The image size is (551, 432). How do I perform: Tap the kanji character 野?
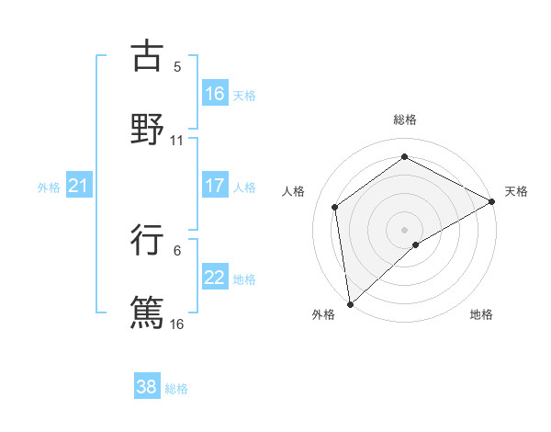coord(147,128)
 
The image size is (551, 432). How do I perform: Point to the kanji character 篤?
coord(147,311)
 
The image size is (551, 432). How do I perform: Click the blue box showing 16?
coord(215,93)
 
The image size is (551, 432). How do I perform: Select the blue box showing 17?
coord(215,186)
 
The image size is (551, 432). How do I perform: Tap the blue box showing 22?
coord(215,278)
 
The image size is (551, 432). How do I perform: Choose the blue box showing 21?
coord(78,186)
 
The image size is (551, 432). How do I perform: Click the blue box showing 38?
coord(147,387)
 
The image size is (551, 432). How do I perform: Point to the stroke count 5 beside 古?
coord(177,67)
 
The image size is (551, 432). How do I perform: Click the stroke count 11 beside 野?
coord(177,141)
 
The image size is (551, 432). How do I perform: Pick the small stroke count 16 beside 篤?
coord(177,324)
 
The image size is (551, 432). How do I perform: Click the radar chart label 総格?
coord(405,119)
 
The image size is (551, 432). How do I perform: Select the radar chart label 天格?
coord(516,191)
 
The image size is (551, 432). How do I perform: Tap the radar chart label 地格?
coord(481,314)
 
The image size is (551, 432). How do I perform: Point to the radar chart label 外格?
coord(323,314)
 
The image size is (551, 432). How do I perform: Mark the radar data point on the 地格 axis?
coord(416,244)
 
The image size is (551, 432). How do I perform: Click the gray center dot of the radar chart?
coord(405,229)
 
